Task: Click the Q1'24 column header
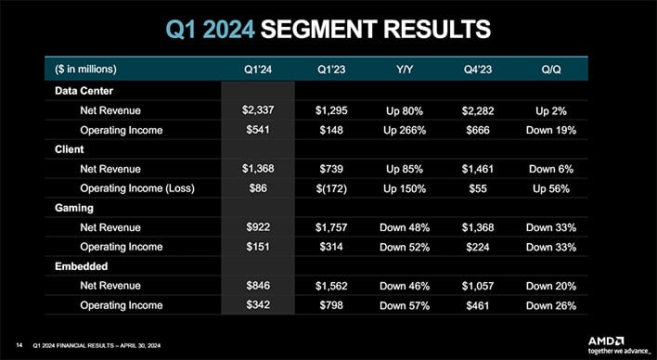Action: pos(257,70)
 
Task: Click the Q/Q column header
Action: pos(550,70)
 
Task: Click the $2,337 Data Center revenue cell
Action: pos(257,110)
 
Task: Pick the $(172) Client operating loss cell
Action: pos(331,189)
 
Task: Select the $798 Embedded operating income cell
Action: pos(331,305)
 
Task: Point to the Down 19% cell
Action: pos(550,130)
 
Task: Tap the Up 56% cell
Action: pos(550,189)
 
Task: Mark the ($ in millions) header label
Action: pos(92,70)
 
